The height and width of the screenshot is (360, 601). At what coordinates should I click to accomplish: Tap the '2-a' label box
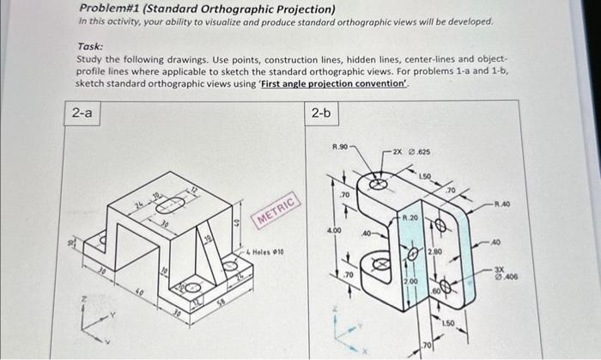83,113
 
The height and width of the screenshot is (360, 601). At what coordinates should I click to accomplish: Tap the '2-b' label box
321,113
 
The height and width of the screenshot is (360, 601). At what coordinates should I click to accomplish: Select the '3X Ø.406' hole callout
508,272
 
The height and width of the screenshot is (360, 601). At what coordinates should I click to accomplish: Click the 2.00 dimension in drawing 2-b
411,281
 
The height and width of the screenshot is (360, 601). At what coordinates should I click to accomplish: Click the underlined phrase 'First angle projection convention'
351,84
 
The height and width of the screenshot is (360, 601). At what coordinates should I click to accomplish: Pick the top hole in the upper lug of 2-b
375,183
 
